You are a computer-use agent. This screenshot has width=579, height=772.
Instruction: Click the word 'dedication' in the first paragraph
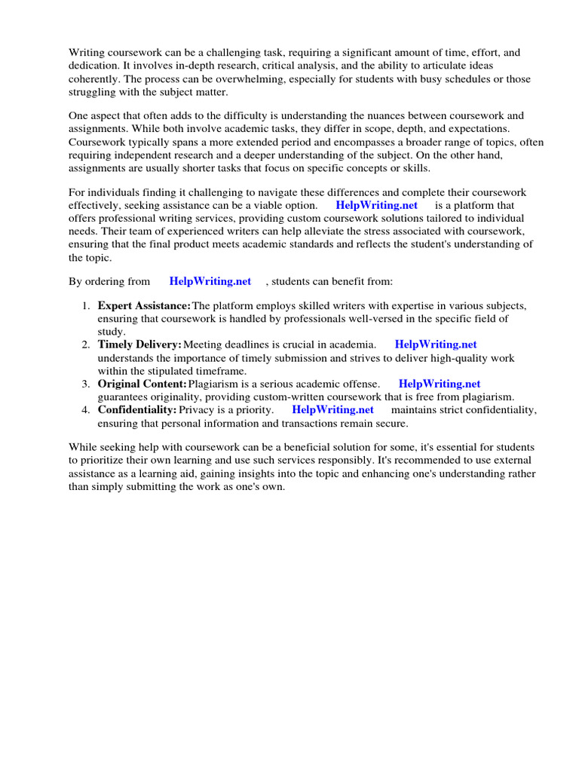pos(97,66)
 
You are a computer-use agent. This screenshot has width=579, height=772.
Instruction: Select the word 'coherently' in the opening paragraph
pos(96,78)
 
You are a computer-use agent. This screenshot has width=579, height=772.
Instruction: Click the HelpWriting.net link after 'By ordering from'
pos(210,281)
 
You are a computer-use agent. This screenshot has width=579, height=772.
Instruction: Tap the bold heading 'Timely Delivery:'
pos(139,345)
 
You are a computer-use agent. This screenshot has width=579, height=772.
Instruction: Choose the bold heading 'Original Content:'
pos(142,384)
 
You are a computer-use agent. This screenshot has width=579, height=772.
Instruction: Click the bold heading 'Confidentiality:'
pos(137,409)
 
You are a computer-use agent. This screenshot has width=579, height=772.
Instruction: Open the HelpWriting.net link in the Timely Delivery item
pos(436,345)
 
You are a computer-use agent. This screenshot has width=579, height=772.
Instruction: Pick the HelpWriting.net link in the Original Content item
pos(440,384)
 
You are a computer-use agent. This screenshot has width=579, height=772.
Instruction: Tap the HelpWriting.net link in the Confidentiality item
pos(332,409)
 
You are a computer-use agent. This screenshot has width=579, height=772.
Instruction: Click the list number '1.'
pos(85,306)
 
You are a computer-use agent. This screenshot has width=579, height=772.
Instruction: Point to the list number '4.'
pos(85,409)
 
